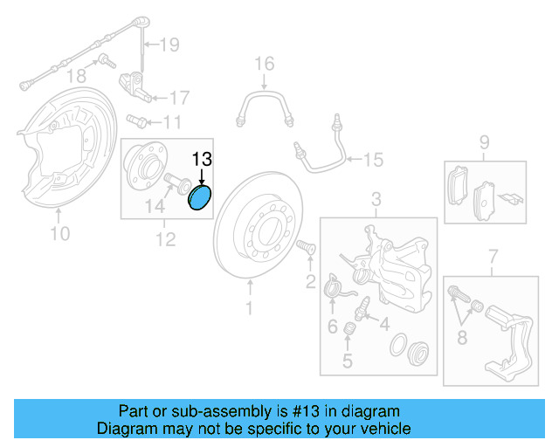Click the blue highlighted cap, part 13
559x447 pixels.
(200, 198)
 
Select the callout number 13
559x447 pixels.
(202, 159)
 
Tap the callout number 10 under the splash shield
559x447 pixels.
(59, 233)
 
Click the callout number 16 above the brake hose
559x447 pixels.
(264, 63)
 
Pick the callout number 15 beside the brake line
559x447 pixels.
(373, 160)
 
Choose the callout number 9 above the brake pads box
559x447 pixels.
(484, 141)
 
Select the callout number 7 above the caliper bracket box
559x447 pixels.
(493, 256)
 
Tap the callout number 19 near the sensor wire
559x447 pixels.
(168, 44)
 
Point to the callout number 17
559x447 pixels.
(178, 97)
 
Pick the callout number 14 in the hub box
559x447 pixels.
(154, 207)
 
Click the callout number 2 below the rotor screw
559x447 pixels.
(310, 281)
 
